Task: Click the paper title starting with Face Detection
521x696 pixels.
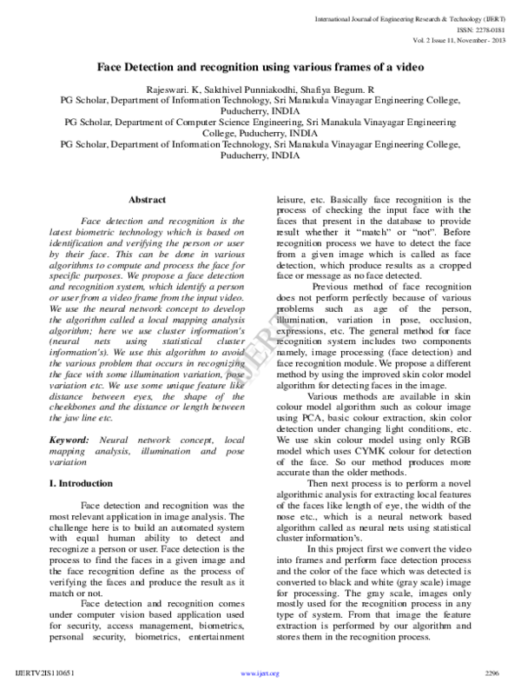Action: pos(260,68)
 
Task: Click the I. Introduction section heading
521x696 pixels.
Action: pos(81,482)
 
